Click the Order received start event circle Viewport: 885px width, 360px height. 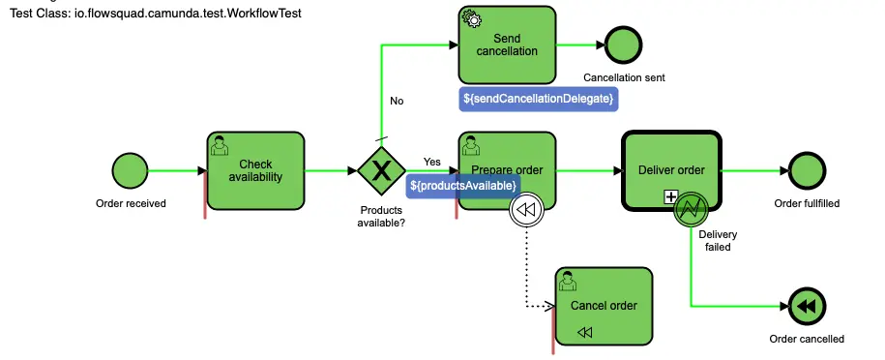(x=130, y=170)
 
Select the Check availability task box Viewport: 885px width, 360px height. (x=255, y=170)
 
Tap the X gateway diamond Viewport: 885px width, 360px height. (x=381, y=170)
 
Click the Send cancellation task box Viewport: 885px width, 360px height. (x=507, y=45)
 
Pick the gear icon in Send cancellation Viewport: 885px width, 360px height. (x=471, y=18)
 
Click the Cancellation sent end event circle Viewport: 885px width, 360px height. (x=624, y=45)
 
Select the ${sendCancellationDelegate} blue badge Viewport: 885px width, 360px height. (x=538, y=99)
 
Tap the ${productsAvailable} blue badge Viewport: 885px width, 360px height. (x=463, y=186)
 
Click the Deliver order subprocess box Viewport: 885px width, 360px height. (x=671, y=170)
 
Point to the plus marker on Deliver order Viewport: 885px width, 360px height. (x=670, y=196)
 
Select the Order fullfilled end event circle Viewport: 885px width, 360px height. (x=807, y=170)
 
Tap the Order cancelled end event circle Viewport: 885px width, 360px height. (x=807, y=307)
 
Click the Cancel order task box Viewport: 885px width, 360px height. (x=604, y=307)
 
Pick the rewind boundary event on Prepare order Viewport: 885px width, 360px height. (x=525, y=210)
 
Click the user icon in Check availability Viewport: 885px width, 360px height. (x=219, y=145)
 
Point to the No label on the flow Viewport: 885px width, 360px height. (x=397, y=102)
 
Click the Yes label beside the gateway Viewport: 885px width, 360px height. (x=431, y=163)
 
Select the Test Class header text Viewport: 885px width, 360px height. (x=156, y=13)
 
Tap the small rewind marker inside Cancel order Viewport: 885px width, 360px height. (x=585, y=332)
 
